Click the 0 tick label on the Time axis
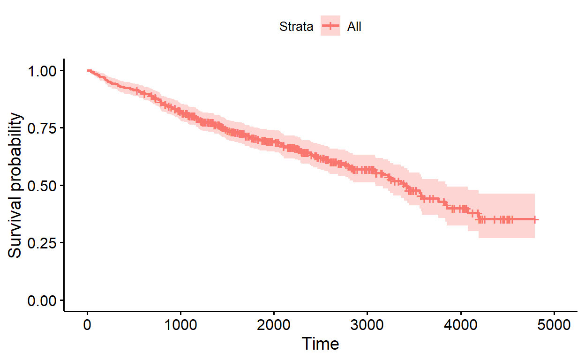[x=87, y=324]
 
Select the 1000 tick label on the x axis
[x=180, y=324]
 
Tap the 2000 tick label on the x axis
[x=274, y=324]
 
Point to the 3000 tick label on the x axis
[x=367, y=324]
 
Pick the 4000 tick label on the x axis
[x=460, y=324]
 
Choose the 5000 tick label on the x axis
[x=554, y=324]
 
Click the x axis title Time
[x=320, y=344]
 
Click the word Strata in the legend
[x=296, y=27]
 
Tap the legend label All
[x=354, y=27]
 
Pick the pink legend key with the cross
[x=330, y=27]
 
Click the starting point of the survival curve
[x=88, y=70]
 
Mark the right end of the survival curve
[x=538, y=219]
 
